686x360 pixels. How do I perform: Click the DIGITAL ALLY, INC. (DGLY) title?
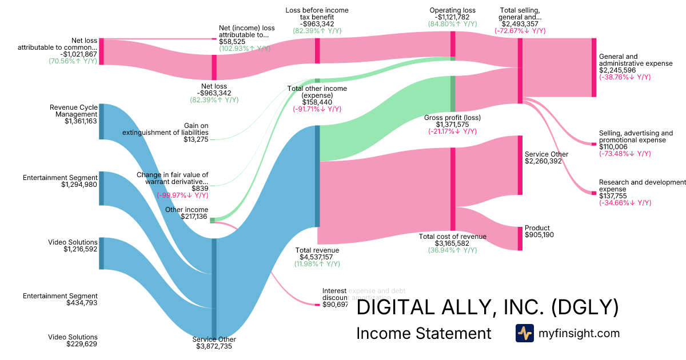[x=487, y=307]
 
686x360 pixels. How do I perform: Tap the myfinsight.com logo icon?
[x=524, y=333]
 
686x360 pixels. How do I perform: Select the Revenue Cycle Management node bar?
[x=102, y=121]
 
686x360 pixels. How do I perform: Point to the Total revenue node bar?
[x=317, y=176]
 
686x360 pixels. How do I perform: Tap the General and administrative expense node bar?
[x=593, y=67]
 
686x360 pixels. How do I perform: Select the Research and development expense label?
[x=642, y=186]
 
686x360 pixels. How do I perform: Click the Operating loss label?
[x=452, y=10]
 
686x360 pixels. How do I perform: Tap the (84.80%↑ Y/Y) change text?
[x=452, y=24]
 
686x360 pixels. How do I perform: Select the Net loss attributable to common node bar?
[x=102, y=51]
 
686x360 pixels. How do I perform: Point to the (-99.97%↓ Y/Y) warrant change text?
[x=182, y=195]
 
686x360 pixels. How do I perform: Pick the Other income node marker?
[x=212, y=220]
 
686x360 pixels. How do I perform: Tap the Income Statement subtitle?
[x=423, y=334]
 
